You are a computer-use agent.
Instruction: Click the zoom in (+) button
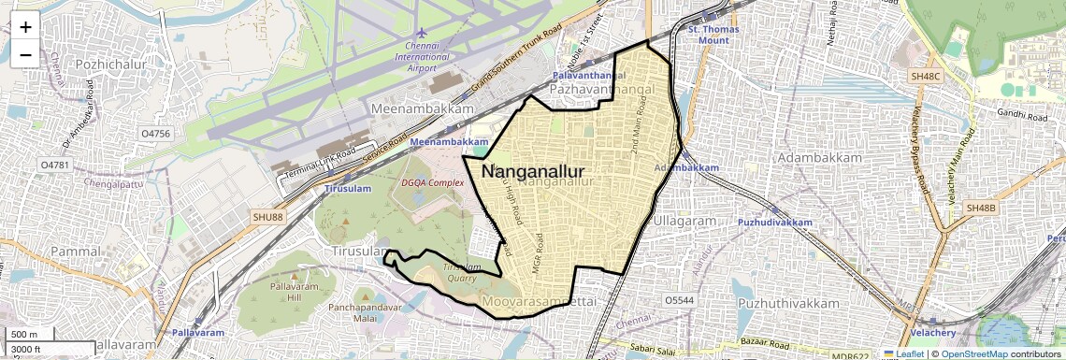click(25, 27)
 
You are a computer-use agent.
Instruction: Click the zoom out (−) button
click(25, 54)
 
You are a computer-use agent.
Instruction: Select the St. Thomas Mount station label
click(713, 35)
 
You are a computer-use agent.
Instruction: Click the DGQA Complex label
click(432, 182)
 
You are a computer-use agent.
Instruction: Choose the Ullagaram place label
click(684, 221)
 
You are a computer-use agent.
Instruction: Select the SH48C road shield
click(925, 75)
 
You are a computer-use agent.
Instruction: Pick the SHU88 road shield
click(266, 217)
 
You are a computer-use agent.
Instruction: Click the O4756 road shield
click(155, 134)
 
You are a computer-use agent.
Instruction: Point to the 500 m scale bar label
click(24, 335)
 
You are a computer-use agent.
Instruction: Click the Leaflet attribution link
click(903, 353)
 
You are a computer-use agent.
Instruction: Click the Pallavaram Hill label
click(293, 291)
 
